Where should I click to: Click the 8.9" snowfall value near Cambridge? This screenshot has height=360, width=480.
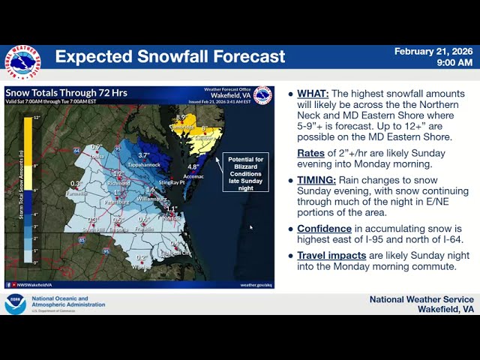pyautogui.click(x=181, y=118)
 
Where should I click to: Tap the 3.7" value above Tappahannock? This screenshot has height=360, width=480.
pyautogui.click(x=144, y=155)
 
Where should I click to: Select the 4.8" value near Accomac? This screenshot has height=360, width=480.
pyautogui.click(x=193, y=166)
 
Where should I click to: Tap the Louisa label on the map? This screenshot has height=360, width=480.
pyautogui.click(x=94, y=155)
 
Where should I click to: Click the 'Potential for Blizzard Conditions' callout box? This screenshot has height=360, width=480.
pyautogui.click(x=245, y=172)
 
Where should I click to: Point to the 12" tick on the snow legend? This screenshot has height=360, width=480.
pyautogui.click(x=35, y=118)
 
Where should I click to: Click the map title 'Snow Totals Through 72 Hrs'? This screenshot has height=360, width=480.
pyautogui.click(x=66, y=93)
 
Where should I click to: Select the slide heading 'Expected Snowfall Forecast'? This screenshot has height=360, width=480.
pyautogui.click(x=170, y=56)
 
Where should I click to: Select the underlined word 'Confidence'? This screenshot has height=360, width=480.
pyautogui.click(x=324, y=229)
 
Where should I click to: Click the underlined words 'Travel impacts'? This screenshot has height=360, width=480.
pyautogui.click(x=331, y=255)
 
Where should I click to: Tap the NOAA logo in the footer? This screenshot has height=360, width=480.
pyautogui.click(x=15, y=304)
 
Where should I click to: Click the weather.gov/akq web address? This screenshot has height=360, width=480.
pyautogui.click(x=256, y=284)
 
